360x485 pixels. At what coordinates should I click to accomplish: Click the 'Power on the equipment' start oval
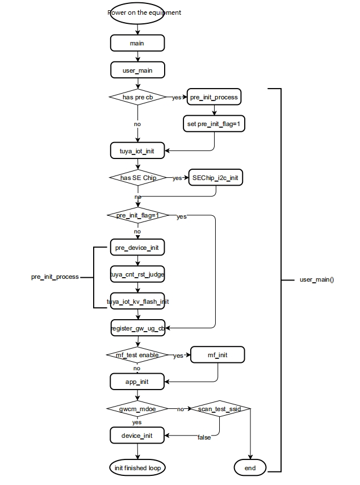pos(137,13)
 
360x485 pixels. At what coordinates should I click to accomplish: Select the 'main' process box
pos(137,43)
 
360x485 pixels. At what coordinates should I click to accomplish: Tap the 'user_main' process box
pos(137,70)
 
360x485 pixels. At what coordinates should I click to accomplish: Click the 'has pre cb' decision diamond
pos(138,97)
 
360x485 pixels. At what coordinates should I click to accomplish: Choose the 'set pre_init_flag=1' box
pos(214,124)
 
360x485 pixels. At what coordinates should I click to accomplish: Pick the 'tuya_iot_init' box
pos(137,150)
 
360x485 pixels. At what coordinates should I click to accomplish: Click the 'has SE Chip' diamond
pos(138,178)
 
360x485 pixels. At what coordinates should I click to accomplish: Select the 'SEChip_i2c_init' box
pos(216,178)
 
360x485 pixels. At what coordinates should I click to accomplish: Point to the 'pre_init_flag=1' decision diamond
pos(138,215)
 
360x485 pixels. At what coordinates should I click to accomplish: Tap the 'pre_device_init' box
pos(137,248)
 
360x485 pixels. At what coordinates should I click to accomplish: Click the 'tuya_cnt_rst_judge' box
pos(137,274)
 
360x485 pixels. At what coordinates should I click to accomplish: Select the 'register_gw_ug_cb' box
pos(138,328)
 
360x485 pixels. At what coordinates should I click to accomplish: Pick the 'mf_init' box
pos(217,355)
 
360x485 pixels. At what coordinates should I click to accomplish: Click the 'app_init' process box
pos(137,382)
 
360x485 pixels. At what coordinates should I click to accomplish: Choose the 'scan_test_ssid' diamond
pos(220,408)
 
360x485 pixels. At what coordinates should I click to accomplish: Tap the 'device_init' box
pos(137,436)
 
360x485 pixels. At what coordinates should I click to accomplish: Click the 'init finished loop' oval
pos(137,468)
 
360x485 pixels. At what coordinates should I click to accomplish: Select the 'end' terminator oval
pos(250,468)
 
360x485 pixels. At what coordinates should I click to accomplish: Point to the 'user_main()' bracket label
pos(317,279)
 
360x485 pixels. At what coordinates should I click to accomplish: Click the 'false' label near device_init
pos(204,437)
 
